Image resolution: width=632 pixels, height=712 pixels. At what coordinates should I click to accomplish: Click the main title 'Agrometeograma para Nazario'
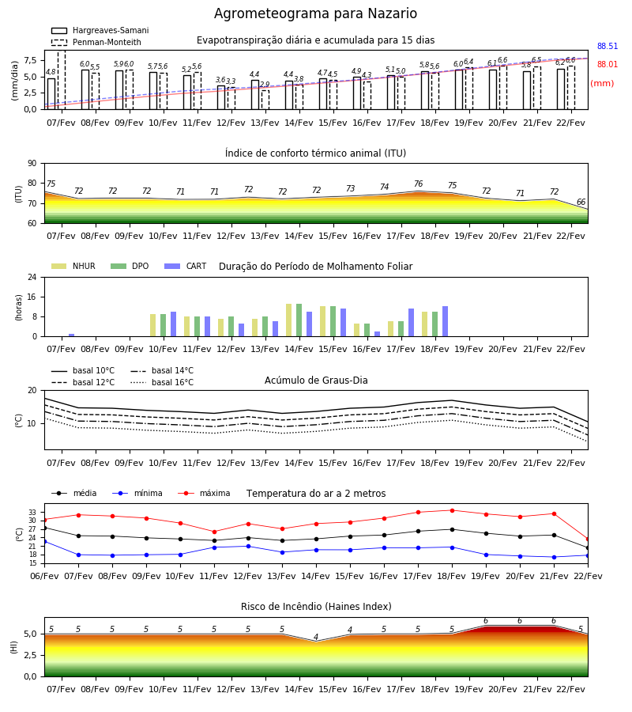tap(315, 13)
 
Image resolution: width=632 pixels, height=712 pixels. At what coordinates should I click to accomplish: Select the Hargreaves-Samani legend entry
tap(100, 30)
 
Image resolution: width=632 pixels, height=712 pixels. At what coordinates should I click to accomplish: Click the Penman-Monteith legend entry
tap(96, 42)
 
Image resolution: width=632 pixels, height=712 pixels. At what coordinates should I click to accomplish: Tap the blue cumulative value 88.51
tap(608, 46)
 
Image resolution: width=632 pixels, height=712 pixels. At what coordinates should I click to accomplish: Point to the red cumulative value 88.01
tap(608, 64)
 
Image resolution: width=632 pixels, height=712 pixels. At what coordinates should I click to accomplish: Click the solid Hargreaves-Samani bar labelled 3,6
tap(221, 97)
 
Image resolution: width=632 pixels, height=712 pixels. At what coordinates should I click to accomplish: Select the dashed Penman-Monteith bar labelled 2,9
tap(265, 100)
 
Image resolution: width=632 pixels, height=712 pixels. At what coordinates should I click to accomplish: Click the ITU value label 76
tap(419, 184)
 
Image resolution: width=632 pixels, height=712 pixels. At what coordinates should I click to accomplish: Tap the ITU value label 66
tap(581, 202)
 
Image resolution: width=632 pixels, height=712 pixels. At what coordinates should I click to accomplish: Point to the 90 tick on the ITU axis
tap(32, 164)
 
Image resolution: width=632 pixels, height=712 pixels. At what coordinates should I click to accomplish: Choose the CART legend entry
tap(186, 266)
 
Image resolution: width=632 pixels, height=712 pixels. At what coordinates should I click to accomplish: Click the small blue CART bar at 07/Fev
tap(72, 335)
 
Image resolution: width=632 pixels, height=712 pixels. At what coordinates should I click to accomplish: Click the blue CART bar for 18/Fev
tap(446, 321)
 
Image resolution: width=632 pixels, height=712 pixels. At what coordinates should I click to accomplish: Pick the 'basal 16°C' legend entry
tap(162, 382)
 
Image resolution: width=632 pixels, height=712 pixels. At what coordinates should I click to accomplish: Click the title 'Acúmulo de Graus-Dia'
tap(316, 380)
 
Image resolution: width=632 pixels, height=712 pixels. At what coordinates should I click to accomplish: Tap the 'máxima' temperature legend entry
tap(204, 493)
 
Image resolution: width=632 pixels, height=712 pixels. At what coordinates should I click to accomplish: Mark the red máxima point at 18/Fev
tap(452, 510)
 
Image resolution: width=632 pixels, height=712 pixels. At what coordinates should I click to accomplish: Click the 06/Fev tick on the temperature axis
tap(44, 576)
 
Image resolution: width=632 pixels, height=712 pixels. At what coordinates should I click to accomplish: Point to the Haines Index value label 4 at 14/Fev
tap(316, 637)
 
